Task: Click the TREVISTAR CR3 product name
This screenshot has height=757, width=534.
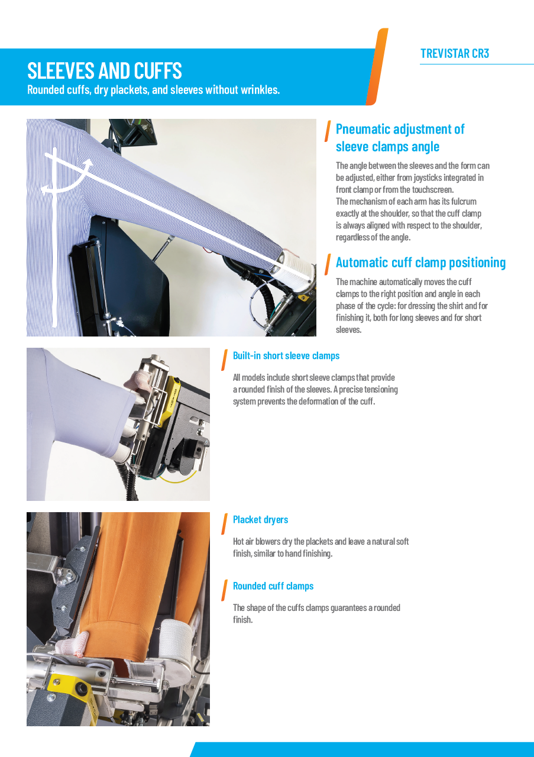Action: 454,54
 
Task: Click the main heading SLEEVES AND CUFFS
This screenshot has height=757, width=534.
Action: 105,71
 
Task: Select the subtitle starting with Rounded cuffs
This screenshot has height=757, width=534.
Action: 153,90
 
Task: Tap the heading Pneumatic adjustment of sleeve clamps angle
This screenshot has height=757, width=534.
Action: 400,137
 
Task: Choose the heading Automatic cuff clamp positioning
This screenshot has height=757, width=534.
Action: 420,262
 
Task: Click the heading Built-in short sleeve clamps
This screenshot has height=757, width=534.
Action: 286,355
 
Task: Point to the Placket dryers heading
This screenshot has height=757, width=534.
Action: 260,519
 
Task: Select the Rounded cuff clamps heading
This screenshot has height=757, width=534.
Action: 273,585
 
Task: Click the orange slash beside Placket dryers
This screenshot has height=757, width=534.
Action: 224,523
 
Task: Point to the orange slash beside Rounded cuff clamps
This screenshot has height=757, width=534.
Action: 224,590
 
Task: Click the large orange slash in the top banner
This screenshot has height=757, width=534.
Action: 377,67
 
